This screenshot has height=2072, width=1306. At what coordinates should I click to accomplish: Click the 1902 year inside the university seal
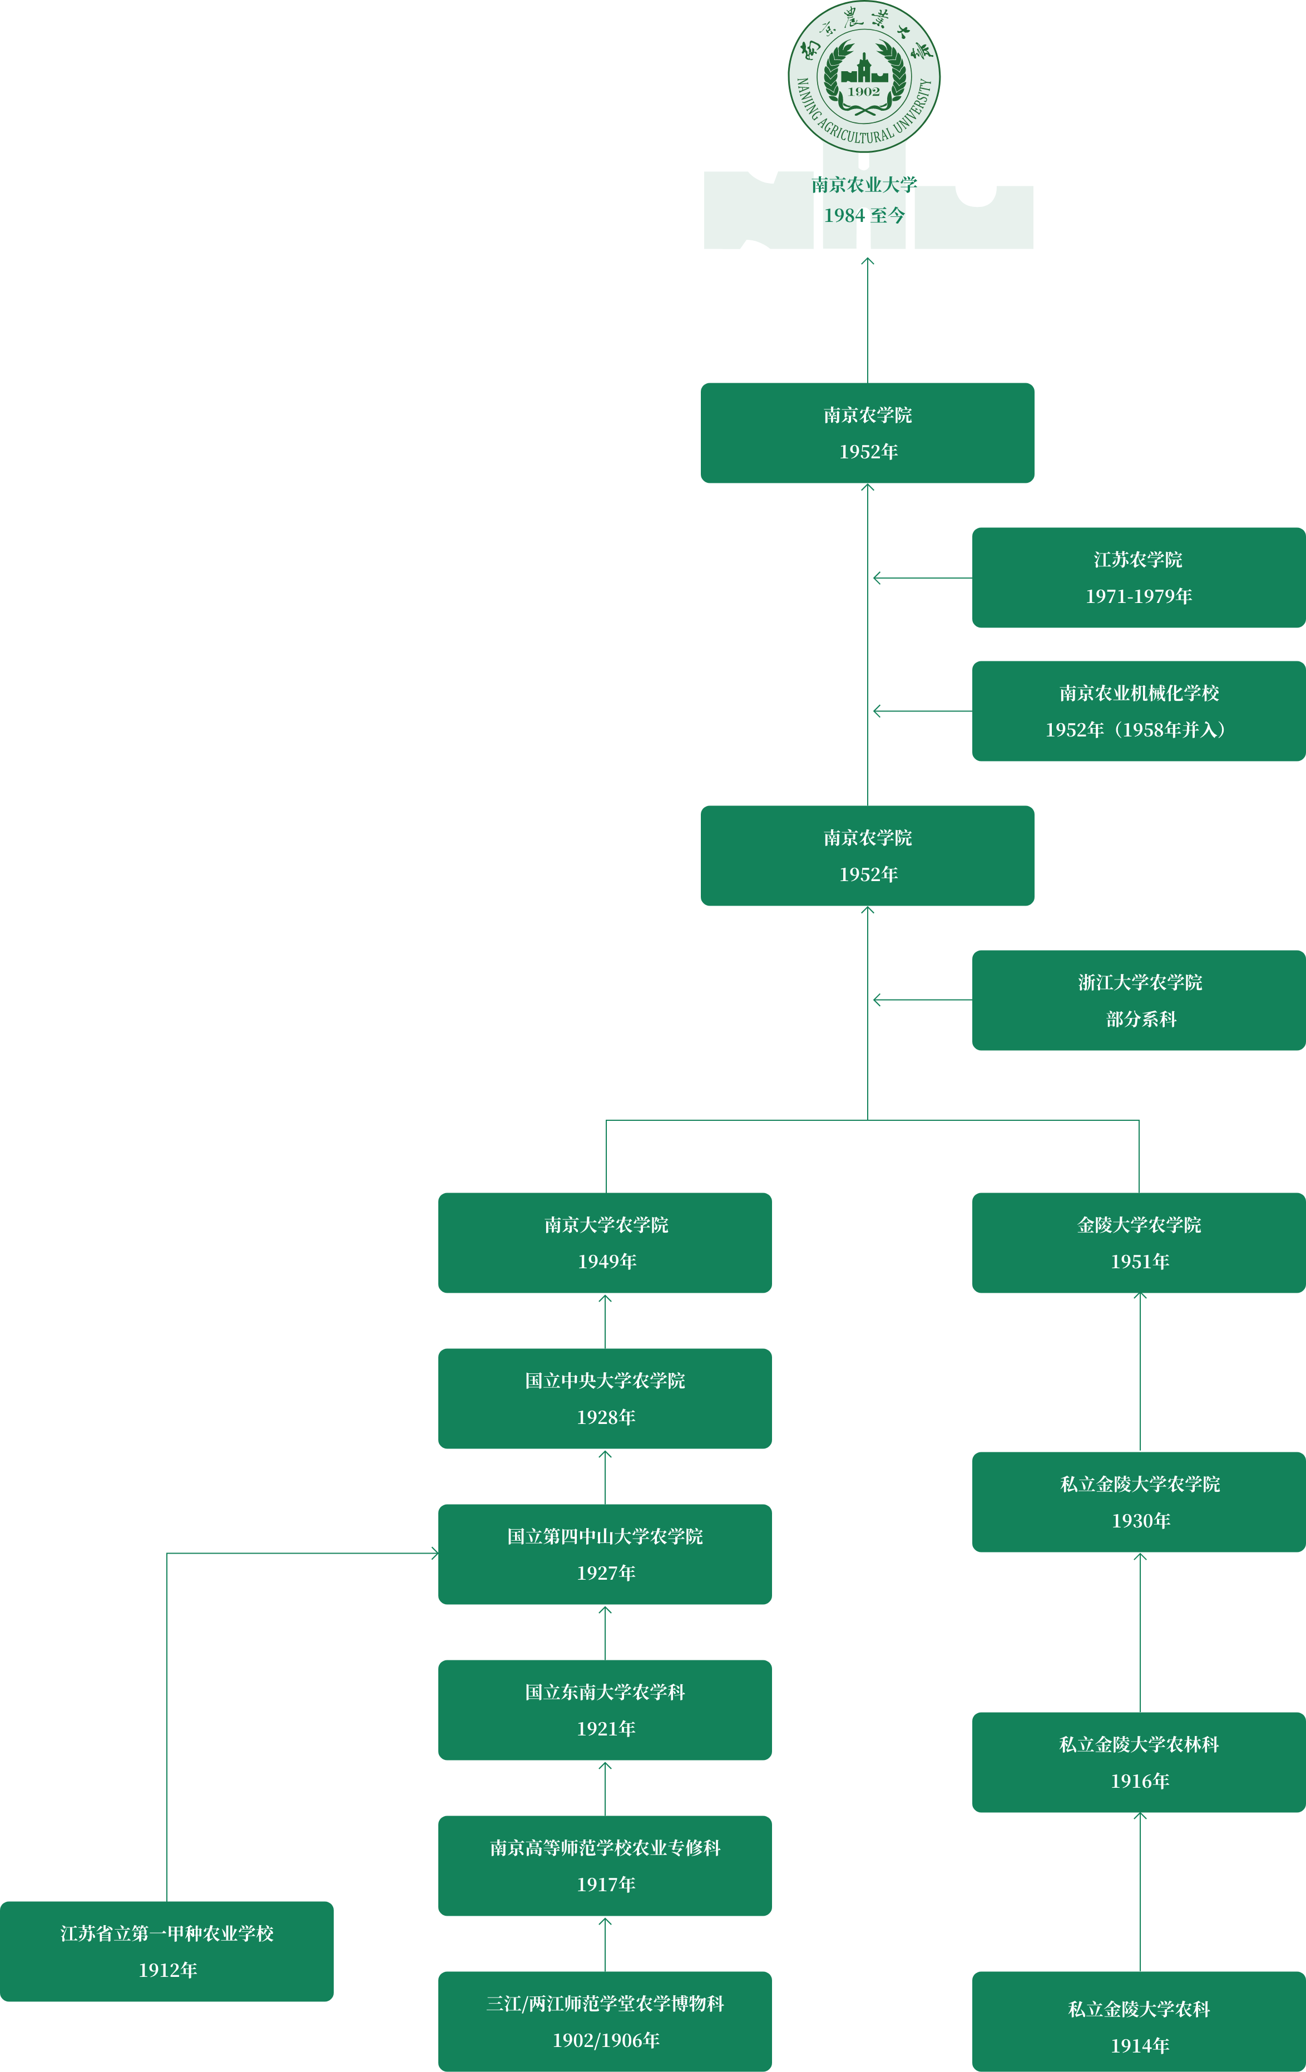click(864, 91)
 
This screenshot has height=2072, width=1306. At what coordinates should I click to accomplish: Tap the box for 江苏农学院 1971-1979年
click(1138, 577)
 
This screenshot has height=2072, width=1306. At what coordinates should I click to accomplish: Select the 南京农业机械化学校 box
click(1138, 711)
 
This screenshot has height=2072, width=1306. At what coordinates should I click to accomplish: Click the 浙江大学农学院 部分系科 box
click(1138, 1000)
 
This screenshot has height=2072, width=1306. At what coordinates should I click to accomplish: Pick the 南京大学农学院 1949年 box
click(605, 1243)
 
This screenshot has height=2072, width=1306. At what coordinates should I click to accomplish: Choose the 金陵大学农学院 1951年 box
click(1138, 1243)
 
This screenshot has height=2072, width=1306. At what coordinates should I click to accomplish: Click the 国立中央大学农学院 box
click(605, 1398)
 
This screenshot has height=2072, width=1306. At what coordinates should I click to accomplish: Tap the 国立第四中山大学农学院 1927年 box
click(605, 1554)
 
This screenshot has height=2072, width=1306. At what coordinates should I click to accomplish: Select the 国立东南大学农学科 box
click(605, 1710)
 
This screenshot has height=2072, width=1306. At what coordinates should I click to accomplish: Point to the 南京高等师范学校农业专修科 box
click(605, 1866)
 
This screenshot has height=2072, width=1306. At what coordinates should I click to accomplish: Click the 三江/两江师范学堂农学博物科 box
click(605, 2021)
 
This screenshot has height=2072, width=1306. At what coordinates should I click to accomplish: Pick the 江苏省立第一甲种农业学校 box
click(167, 1951)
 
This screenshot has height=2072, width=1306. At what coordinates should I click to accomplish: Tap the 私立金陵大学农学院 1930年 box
click(1138, 1501)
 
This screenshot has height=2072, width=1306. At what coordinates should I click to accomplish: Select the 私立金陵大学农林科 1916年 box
click(1138, 1762)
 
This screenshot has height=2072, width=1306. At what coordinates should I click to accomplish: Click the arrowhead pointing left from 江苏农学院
click(877, 578)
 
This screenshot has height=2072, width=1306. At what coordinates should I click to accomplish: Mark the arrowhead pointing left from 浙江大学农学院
click(877, 1000)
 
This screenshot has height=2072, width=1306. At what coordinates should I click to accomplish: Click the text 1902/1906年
click(606, 2040)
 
